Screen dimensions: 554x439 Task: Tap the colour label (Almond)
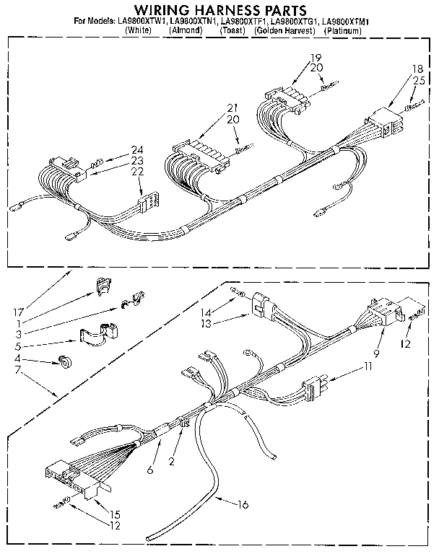(x=184, y=32)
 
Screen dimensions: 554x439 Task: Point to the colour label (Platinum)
(x=342, y=32)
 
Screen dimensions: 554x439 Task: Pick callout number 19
(x=316, y=57)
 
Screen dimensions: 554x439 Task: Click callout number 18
(x=417, y=69)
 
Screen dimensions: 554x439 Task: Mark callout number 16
(x=243, y=504)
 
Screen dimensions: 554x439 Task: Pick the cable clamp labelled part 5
(x=95, y=335)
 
